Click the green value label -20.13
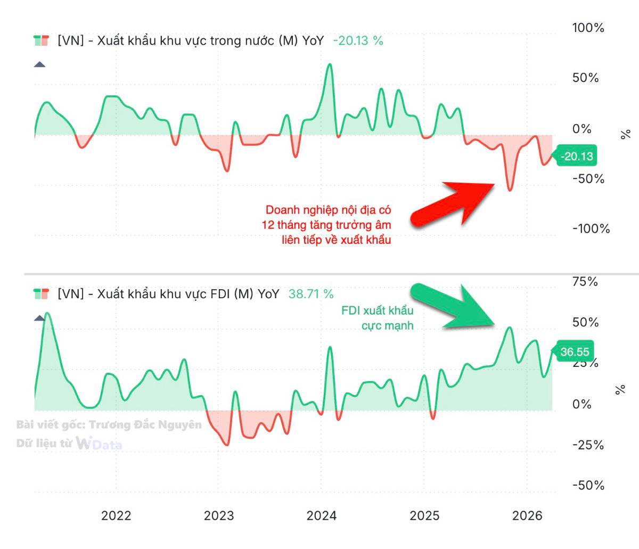577,156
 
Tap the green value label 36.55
575,351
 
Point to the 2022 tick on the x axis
116,515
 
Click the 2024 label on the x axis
322,515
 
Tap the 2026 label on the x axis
527,515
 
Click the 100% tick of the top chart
588,28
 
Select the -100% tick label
591,228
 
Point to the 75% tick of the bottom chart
585,281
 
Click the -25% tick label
588,445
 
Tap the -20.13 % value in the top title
358,40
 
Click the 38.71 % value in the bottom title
311,294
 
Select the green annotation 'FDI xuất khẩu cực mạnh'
378,317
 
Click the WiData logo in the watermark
99,443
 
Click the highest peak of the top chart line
330,65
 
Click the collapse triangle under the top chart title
39,65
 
